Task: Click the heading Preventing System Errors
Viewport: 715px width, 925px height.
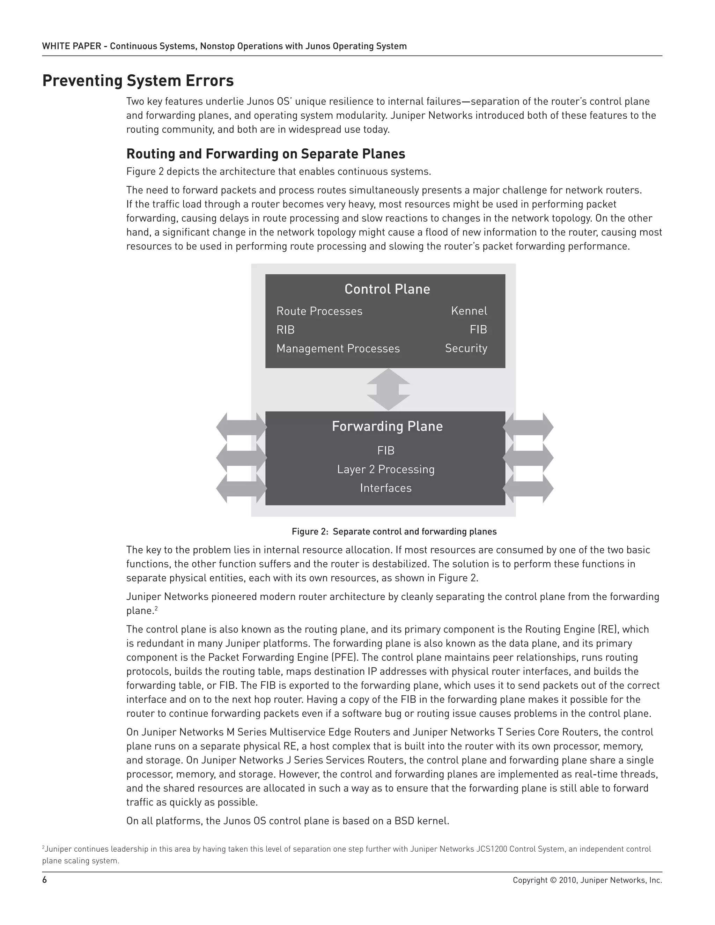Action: tap(138, 81)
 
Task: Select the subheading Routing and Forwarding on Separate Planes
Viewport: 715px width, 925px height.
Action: tap(266, 153)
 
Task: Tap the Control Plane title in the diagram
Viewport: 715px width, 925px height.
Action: tap(387, 289)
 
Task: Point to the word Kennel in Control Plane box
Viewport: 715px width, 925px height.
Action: tap(469, 311)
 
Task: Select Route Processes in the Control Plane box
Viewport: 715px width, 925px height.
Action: tap(319, 311)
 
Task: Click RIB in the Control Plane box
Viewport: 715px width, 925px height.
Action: tap(285, 330)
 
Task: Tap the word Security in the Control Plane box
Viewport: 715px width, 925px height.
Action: tap(466, 348)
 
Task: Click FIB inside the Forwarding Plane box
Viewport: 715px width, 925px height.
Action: tap(385, 450)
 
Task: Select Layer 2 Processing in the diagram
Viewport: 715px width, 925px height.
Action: tap(385, 469)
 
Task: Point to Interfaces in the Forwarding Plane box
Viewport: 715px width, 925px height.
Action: tap(385, 488)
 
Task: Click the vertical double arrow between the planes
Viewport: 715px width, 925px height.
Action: tap(388, 389)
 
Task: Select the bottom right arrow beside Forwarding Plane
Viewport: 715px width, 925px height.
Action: tap(528, 488)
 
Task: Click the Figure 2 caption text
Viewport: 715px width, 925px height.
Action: tap(394, 532)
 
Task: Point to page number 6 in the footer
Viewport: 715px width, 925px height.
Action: tap(44, 880)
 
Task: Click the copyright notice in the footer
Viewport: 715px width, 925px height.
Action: tap(587, 880)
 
